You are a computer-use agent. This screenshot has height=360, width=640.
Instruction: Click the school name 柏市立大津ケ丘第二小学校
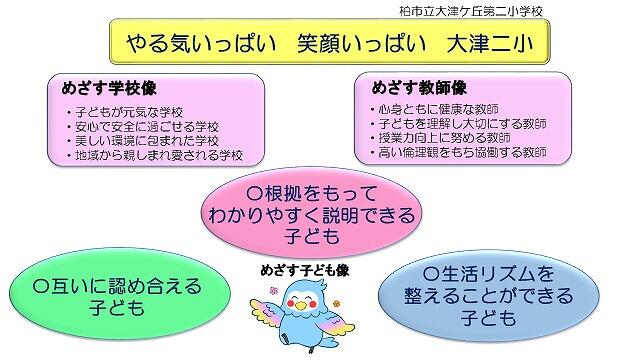(x=471, y=11)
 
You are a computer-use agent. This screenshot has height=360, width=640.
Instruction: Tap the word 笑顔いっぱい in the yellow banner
(x=362, y=43)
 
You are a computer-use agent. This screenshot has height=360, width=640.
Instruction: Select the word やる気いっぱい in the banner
(x=202, y=43)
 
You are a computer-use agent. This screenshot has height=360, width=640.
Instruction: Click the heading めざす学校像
(x=109, y=88)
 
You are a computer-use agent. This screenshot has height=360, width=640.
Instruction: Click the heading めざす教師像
(x=419, y=87)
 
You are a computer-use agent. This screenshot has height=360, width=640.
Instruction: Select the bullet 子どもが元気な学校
(x=124, y=112)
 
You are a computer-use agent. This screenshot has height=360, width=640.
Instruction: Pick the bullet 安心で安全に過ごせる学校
(x=142, y=127)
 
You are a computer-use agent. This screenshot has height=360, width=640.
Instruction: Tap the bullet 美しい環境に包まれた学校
(x=142, y=141)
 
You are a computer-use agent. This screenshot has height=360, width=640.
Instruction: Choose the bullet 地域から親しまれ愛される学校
(x=155, y=155)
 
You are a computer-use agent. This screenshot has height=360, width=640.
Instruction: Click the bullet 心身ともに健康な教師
(x=434, y=109)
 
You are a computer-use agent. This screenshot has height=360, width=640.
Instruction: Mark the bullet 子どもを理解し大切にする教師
(x=458, y=123)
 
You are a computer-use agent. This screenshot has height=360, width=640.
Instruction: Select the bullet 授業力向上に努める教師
(x=440, y=138)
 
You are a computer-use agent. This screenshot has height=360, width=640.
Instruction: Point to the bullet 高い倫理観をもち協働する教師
(x=458, y=152)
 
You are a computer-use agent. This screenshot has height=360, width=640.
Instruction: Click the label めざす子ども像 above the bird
(x=304, y=270)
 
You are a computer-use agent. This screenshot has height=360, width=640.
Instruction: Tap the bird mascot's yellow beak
(x=301, y=304)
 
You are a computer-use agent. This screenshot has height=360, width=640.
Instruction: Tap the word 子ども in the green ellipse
(x=117, y=307)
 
